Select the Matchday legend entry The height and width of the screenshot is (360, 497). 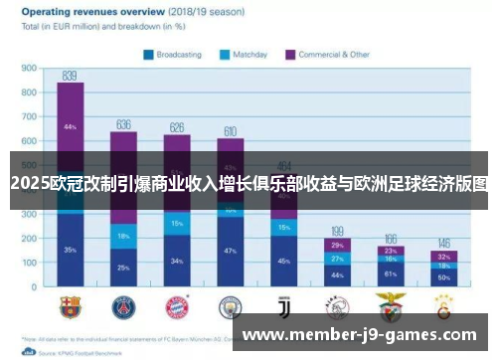click(x=249, y=55)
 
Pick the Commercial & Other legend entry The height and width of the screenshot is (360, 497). click(x=327, y=55)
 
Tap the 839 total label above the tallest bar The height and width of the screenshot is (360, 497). click(x=70, y=75)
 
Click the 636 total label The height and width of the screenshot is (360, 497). click(x=124, y=124)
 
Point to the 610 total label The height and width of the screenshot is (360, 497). click(x=230, y=131)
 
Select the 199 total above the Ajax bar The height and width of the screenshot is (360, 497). click(x=337, y=231)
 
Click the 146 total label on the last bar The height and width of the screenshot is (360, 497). click(x=443, y=243)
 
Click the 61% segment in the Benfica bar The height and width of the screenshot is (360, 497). click(x=390, y=273)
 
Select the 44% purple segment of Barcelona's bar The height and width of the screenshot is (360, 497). click(x=70, y=127)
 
